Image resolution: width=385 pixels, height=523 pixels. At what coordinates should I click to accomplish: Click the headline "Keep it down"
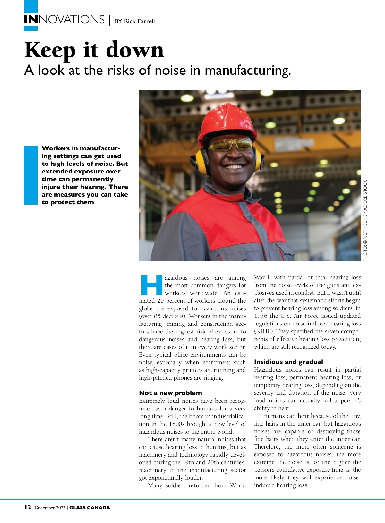click(x=94, y=50)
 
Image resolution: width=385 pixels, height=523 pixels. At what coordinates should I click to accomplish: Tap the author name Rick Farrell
click(x=139, y=21)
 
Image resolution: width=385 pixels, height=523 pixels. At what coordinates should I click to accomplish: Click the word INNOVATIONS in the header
click(x=64, y=20)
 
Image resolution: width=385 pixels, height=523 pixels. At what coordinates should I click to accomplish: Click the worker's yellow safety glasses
click(x=230, y=145)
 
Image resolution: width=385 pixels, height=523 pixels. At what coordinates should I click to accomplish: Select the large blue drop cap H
click(x=152, y=285)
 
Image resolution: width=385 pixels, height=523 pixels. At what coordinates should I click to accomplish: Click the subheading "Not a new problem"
click(x=170, y=393)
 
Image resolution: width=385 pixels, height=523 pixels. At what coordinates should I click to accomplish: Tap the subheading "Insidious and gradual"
click(x=288, y=362)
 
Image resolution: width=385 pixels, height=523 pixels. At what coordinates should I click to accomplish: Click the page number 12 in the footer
click(x=28, y=507)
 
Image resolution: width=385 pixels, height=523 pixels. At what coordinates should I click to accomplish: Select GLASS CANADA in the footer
click(x=90, y=508)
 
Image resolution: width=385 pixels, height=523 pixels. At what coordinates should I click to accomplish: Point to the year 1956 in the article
click(x=261, y=316)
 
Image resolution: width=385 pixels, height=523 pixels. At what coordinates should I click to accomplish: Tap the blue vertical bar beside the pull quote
click(x=31, y=175)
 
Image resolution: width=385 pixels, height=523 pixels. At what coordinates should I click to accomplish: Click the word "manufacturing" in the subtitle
click(x=247, y=70)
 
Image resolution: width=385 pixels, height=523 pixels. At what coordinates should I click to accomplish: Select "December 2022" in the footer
click(x=50, y=508)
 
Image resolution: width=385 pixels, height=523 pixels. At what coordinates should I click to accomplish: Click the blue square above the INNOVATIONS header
click(x=31, y=6)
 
